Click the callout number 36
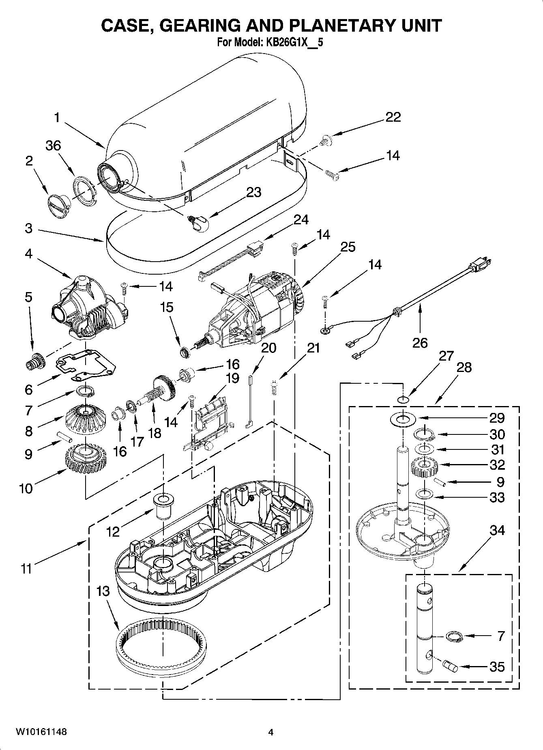click(x=53, y=146)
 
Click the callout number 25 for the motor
click(x=348, y=247)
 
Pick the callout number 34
click(x=497, y=530)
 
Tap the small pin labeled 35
click(x=451, y=665)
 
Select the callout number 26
click(x=420, y=343)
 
